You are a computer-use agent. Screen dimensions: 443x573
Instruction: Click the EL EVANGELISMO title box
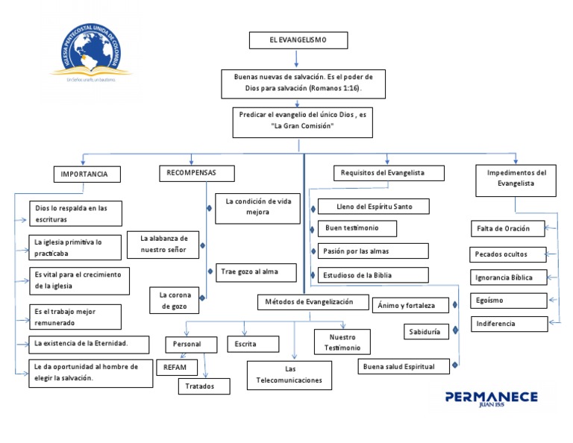[x=297, y=40]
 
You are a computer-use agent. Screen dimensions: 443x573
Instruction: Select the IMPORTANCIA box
[x=86, y=175]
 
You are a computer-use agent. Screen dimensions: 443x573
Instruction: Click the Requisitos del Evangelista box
[x=388, y=173]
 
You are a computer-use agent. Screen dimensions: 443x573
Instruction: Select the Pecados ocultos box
[x=508, y=254]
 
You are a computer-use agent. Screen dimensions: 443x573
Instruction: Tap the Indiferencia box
[x=508, y=324]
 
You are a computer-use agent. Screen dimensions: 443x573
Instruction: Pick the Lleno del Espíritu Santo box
[x=373, y=206]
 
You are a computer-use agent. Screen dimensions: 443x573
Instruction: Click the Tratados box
[x=200, y=386]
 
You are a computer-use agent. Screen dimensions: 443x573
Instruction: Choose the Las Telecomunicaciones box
[x=289, y=374]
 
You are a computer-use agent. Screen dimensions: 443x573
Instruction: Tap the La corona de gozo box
[x=175, y=301]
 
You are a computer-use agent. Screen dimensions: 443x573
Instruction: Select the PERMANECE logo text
[x=491, y=398]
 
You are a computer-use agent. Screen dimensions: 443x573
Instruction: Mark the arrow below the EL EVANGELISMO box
[x=297, y=59]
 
